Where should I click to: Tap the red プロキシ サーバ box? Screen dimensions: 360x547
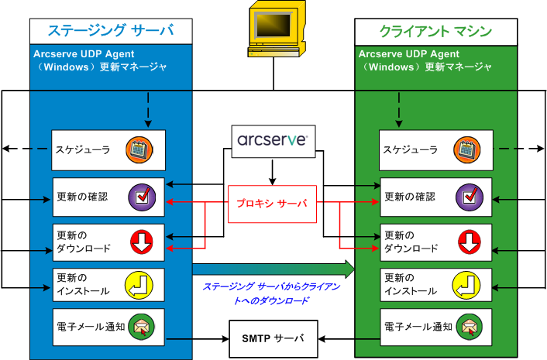point(272,204)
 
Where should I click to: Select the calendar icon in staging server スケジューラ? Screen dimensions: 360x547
point(140,149)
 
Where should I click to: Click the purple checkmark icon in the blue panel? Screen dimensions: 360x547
point(140,197)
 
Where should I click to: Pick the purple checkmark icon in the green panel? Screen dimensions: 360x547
point(470,197)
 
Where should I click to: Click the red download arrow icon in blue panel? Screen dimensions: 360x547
point(140,242)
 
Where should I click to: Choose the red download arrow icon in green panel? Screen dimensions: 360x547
point(470,242)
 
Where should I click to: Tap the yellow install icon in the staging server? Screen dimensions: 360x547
point(140,286)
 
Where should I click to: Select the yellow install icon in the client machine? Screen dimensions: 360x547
point(470,286)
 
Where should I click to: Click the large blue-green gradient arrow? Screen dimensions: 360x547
point(273,269)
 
